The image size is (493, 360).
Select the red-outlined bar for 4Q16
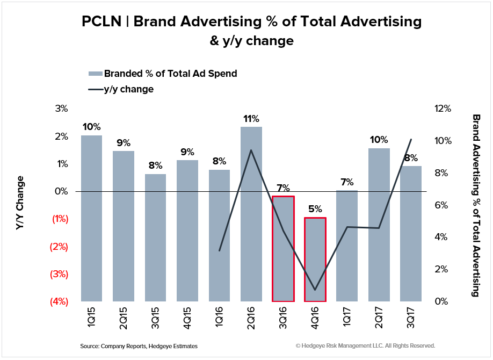click(315, 259)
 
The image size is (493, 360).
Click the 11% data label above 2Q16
click(251, 119)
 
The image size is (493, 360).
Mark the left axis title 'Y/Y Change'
click(20, 203)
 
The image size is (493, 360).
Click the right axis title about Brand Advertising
click(475, 205)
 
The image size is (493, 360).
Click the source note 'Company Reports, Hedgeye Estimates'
click(139, 346)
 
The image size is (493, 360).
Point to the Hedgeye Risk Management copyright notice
click(365, 346)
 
